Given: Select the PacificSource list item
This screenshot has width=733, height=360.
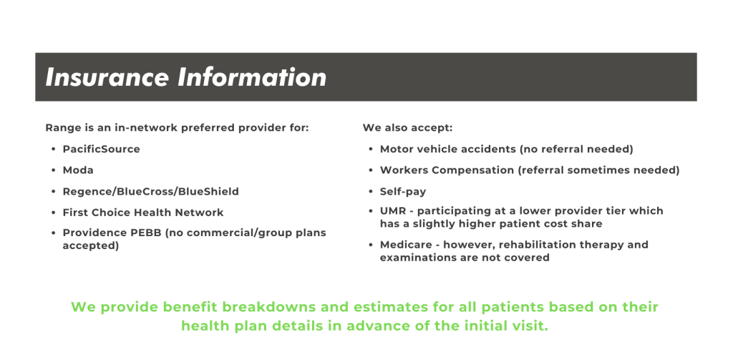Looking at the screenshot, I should (101, 150).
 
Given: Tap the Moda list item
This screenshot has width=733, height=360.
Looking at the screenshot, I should (78, 170).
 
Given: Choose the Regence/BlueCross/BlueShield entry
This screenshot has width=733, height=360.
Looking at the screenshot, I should (150, 192).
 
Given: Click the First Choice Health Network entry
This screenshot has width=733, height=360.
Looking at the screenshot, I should (142, 213).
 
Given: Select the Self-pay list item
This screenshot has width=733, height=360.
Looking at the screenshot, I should (403, 192).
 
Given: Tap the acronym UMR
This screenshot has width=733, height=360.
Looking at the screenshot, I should (392, 211).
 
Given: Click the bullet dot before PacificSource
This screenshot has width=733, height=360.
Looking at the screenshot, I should (54, 150).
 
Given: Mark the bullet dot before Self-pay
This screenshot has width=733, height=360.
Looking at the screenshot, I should (371, 192).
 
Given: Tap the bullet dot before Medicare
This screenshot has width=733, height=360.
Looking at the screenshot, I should (371, 245).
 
